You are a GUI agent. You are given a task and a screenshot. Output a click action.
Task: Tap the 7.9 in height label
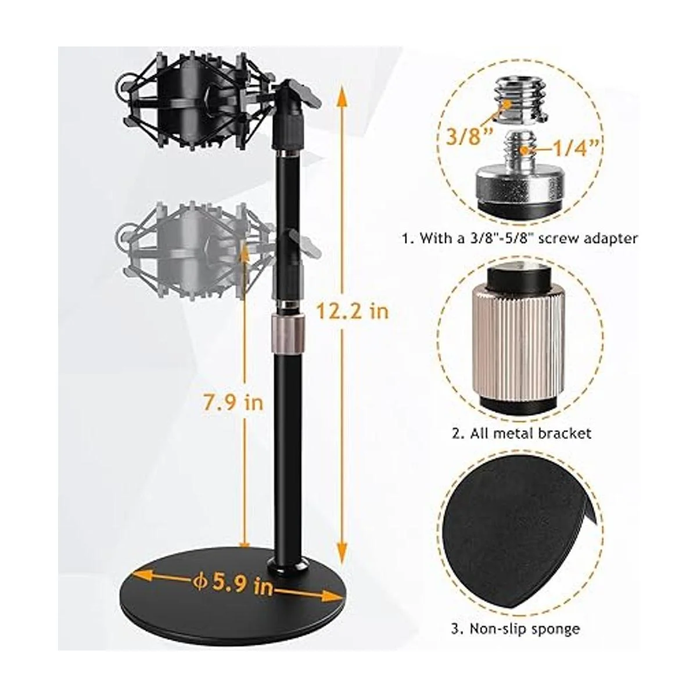coord(233,402)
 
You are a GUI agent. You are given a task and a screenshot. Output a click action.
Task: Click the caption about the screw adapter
coord(520,238)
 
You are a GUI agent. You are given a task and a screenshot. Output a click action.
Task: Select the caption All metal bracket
coord(522,433)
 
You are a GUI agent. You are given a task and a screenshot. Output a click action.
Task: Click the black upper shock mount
coord(195,101)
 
